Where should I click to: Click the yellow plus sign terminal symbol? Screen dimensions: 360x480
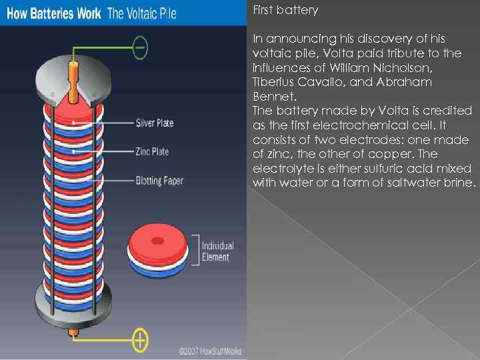tap(140, 340)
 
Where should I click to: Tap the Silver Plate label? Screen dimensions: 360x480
tap(155, 123)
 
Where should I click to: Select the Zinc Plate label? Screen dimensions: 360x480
tap(152, 152)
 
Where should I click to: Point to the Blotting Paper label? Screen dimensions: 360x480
tap(159, 180)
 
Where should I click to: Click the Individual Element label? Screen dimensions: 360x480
tap(217, 251)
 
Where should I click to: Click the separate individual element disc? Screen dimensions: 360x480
tap(157, 251)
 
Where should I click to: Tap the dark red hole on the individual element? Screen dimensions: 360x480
tap(158, 241)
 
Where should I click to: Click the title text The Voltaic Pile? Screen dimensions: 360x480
tap(142, 14)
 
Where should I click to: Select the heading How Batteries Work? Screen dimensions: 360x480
tap(54, 14)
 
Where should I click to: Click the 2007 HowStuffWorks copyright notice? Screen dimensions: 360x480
tap(210, 351)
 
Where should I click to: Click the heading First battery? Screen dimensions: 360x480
tap(285, 10)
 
